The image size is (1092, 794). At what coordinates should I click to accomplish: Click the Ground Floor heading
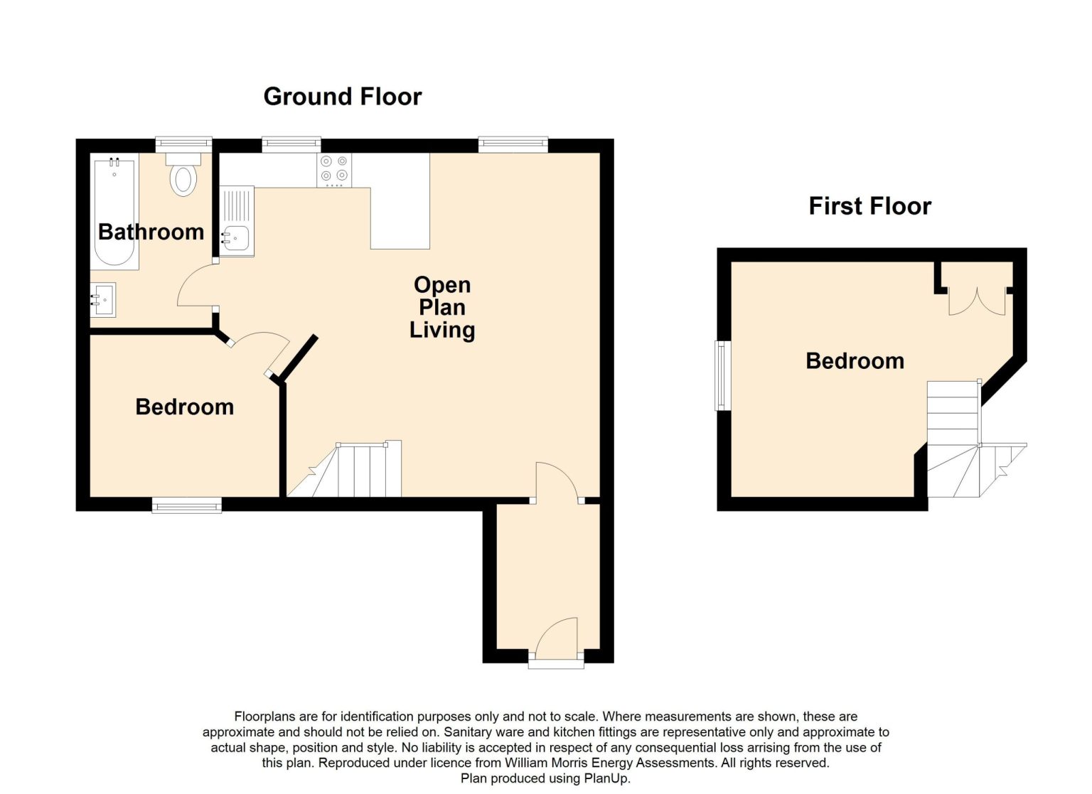point(342,97)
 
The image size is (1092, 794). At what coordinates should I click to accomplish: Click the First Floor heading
point(869,205)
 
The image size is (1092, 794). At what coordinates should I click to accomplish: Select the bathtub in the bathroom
point(114,212)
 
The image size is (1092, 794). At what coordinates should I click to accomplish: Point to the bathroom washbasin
point(103,300)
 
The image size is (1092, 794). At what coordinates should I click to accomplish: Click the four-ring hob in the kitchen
point(334,170)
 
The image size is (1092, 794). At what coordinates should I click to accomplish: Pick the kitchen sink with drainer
point(237,221)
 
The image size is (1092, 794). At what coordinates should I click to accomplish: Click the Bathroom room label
point(151,232)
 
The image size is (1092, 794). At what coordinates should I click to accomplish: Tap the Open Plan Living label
point(442,307)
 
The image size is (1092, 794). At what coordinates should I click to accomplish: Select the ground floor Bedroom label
point(185,407)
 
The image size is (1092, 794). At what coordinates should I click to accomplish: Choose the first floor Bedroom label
point(855,360)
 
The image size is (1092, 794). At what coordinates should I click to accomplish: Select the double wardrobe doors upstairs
point(977,301)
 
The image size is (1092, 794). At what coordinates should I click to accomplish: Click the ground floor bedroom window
point(187,505)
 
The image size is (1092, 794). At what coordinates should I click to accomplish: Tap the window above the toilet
point(184,144)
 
